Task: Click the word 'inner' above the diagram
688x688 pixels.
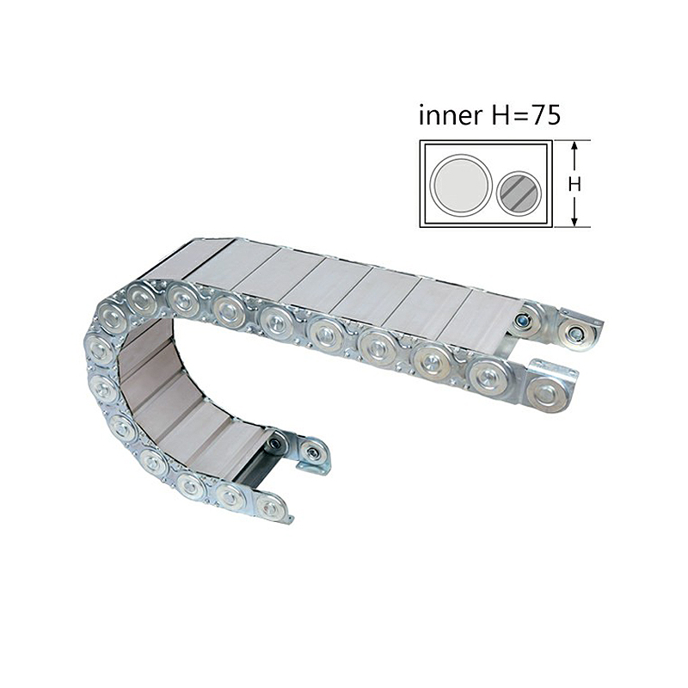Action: coord(449,116)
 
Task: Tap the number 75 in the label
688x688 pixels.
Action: coord(544,116)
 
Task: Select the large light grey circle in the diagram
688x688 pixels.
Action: coord(461,184)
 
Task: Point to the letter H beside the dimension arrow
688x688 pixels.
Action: coord(575,184)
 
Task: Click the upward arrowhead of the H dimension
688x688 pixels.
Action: coord(574,146)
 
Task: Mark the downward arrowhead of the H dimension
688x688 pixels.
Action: coord(574,222)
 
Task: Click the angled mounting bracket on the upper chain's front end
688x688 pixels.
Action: coord(550,387)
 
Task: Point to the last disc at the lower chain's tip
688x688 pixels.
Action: coord(271,507)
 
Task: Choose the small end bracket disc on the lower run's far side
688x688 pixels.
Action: coord(313,453)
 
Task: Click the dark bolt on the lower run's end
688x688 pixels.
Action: coord(275,443)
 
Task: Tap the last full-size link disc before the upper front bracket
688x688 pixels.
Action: coord(488,377)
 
